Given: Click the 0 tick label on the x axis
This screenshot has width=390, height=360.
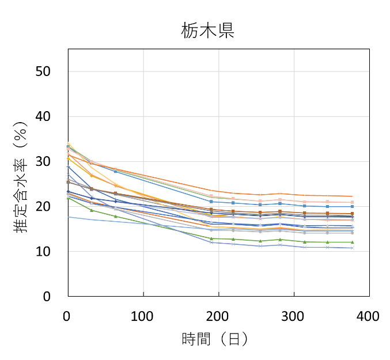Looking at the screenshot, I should [x=68, y=316].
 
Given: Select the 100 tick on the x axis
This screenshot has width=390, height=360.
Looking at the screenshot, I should [x=143, y=316].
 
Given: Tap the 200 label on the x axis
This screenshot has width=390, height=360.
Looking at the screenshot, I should [x=218, y=316].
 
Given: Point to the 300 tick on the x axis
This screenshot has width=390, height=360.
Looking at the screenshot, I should [x=294, y=316].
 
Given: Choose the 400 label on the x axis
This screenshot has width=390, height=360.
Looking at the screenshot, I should [x=369, y=316].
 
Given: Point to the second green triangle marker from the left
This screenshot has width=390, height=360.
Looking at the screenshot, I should [x=92, y=210].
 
